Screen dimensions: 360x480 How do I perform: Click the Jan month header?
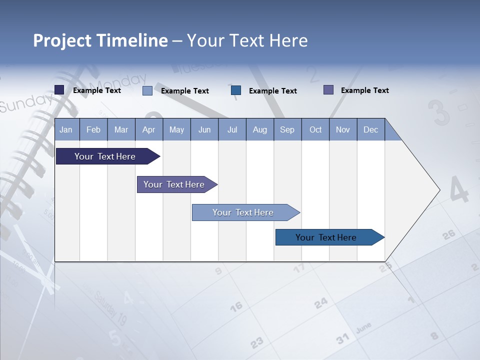66,130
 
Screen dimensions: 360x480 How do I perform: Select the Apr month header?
148,130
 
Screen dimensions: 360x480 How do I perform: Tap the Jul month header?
232,130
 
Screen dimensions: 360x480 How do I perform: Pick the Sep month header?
287,130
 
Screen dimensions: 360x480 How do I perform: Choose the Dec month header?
370,130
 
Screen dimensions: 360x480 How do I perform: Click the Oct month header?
315,130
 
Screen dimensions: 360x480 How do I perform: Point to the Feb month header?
93,130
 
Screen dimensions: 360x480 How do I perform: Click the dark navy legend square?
59,90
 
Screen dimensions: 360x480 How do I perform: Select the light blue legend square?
147,90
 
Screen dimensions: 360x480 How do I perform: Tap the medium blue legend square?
236,90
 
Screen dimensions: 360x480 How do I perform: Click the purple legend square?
328,90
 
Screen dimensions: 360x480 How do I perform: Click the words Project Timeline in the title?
100,40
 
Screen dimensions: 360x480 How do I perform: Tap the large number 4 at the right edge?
459,190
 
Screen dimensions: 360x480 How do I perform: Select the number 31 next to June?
342,339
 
